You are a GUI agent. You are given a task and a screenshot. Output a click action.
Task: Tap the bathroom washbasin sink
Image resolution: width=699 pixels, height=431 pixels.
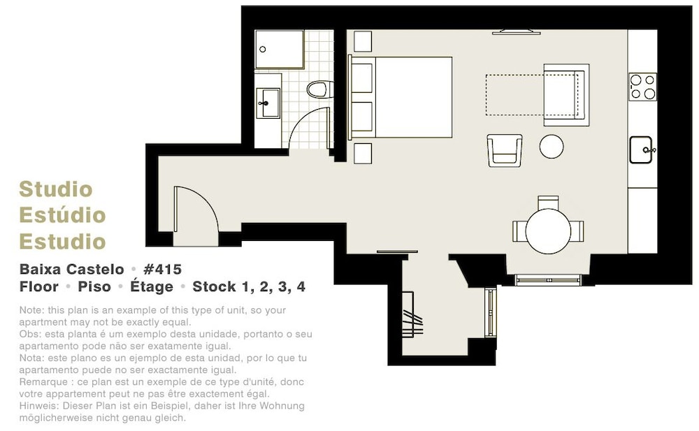coord(268,103)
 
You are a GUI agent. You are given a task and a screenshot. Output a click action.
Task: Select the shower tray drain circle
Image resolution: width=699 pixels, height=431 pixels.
coord(263,50)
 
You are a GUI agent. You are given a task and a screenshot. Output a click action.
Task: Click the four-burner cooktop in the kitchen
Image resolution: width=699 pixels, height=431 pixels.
coord(642,87)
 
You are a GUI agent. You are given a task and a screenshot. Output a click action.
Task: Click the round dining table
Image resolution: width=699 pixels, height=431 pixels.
coord(548,231)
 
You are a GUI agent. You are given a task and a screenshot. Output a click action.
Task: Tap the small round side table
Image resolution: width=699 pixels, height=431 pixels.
coord(552,146)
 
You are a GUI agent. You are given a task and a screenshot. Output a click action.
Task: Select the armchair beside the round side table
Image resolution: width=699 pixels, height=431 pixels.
coord(505,151)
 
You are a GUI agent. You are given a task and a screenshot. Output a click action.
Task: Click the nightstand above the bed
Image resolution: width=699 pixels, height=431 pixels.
coord(362,41)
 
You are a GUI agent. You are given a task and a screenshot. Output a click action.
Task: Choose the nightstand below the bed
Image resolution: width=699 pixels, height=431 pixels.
coord(362,153)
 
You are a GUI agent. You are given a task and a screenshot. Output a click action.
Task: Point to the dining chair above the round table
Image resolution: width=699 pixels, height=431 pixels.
coord(548,203)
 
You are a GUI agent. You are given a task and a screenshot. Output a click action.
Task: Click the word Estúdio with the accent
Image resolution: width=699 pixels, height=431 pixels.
coord(62,215)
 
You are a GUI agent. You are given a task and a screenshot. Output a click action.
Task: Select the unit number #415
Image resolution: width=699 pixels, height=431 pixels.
coord(162,269)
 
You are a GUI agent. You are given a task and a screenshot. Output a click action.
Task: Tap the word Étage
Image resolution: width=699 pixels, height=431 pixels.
coord(152,286)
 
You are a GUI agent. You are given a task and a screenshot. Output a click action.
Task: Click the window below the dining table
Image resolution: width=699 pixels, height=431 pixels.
coord(548,280)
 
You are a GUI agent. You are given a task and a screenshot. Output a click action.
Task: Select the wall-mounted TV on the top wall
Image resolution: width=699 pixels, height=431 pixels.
coord(517,31)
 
